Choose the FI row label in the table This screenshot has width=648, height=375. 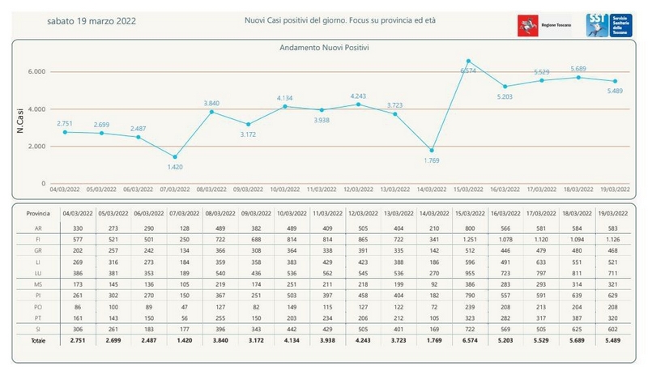28,241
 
